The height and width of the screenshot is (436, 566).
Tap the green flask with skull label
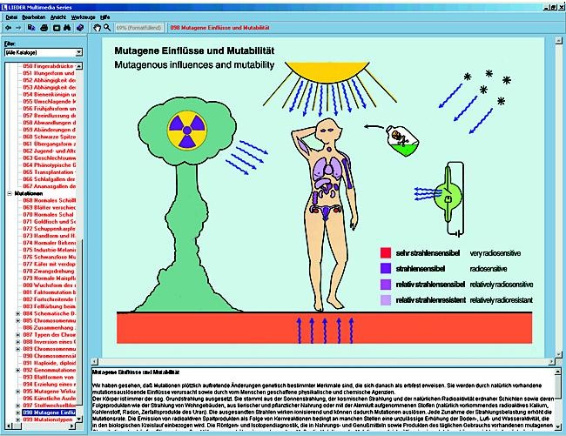pos(403,137)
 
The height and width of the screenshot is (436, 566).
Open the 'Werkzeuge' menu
pos(83,17)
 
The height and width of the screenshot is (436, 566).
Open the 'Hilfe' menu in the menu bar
pos(104,17)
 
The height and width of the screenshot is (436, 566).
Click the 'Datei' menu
pos(11,17)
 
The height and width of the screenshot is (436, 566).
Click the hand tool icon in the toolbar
pos(97,28)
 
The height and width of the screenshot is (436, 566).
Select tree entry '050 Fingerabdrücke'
pos(52,66)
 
